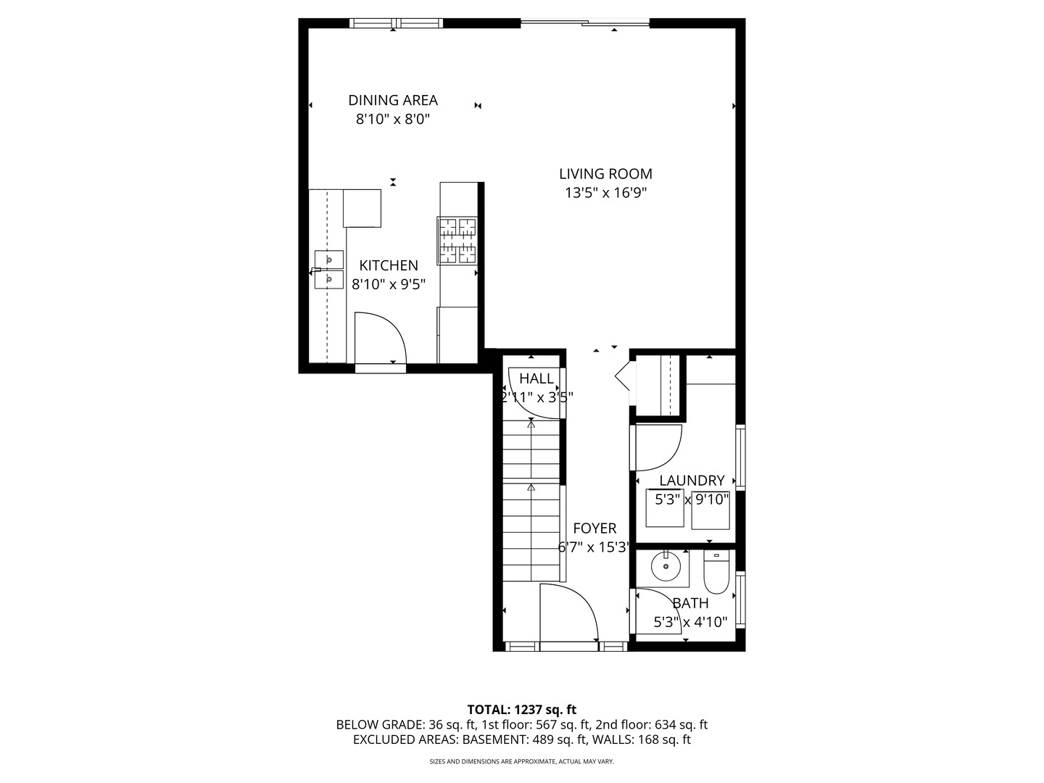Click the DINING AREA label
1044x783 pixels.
[393, 100]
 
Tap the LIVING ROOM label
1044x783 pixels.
[605, 174]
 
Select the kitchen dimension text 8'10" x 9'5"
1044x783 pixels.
[389, 284]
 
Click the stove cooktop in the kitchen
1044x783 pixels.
[457, 241]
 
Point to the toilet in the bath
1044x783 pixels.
[716, 572]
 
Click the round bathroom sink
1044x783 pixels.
[666, 565]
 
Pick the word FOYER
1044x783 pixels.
[594, 529]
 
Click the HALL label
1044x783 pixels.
[536, 378]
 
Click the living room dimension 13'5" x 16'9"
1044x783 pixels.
[605, 193]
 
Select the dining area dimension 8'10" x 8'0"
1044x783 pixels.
[393, 119]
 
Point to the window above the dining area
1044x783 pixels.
[396, 22]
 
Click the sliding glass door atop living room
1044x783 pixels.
[585, 22]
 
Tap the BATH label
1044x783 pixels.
[691, 603]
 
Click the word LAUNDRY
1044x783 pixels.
[692, 481]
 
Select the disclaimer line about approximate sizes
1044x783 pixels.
[522, 761]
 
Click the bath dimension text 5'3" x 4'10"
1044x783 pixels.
[691, 622]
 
